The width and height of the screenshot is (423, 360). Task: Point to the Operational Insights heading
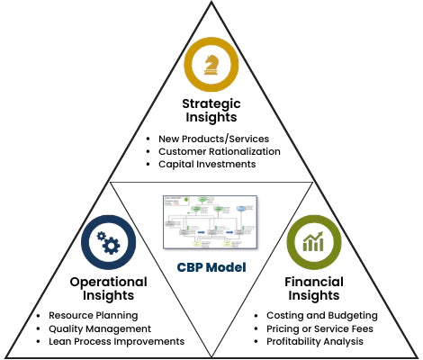click(x=108, y=289)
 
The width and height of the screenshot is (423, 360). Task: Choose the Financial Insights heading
click(x=314, y=289)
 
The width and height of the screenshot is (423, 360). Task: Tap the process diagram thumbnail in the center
click(x=210, y=222)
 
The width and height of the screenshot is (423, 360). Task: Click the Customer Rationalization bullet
click(x=219, y=151)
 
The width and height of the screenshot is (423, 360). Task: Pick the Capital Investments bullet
click(x=206, y=165)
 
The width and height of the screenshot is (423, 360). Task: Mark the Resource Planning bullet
click(x=94, y=316)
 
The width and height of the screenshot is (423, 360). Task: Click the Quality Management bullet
click(x=99, y=328)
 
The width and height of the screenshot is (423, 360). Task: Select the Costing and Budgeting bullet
click(x=321, y=316)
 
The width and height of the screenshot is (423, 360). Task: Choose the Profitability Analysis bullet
click(x=316, y=342)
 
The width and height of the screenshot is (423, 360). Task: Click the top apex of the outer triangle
click(x=211, y=4)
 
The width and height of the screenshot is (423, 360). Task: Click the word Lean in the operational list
click(x=60, y=342)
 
